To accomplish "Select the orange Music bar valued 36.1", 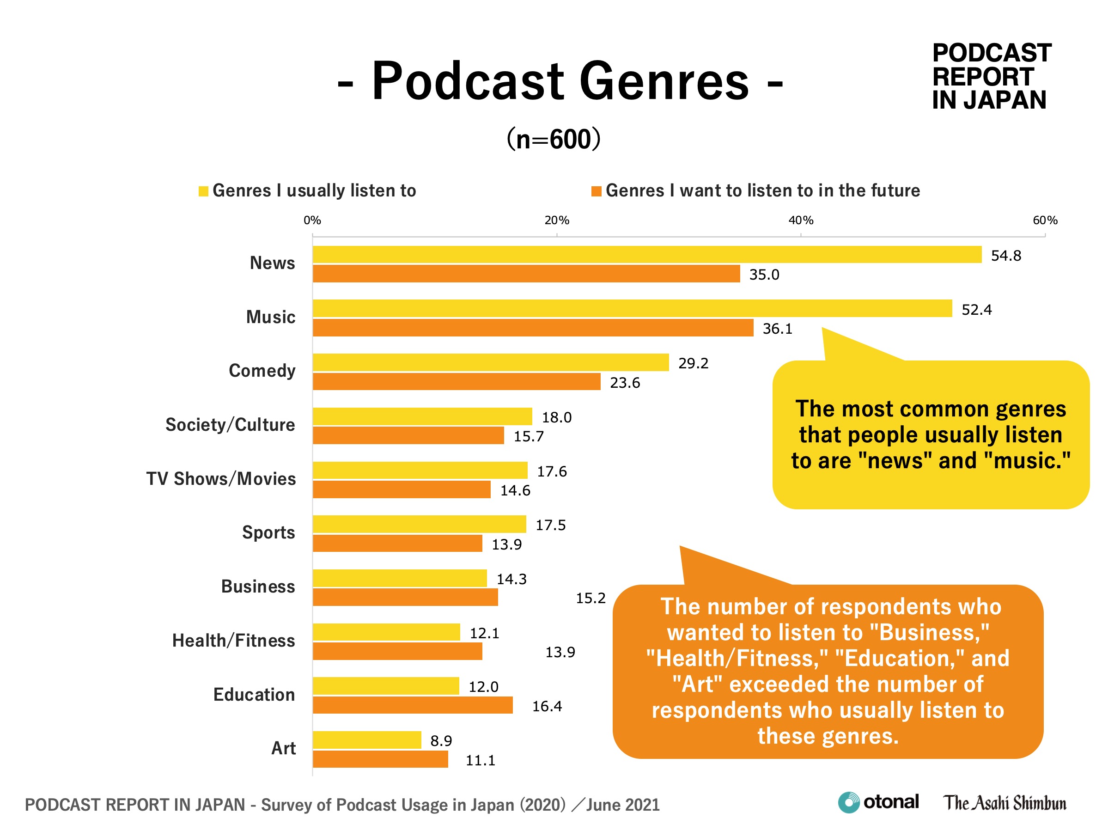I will click(533, 328).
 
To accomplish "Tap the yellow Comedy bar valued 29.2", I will click(490, 362).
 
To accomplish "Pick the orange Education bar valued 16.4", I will click(413, 705).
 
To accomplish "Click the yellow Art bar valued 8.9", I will click(367, 740).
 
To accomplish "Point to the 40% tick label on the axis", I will click(801, 220).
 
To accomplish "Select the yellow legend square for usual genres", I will click(203, 191).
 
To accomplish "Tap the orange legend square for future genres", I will click(596, 191).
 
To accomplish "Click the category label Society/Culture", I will click(230, 425).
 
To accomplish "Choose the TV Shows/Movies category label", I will click(221, 479).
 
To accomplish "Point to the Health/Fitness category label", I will click(233, 641).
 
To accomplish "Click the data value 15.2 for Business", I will click(591, 598).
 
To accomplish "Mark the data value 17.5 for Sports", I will click(550, 525).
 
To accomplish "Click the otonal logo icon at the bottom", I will click(848, 802).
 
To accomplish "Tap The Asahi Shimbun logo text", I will click(1005, 803).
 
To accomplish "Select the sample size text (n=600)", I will click(554, 139).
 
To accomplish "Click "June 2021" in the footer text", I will click(623, 805).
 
